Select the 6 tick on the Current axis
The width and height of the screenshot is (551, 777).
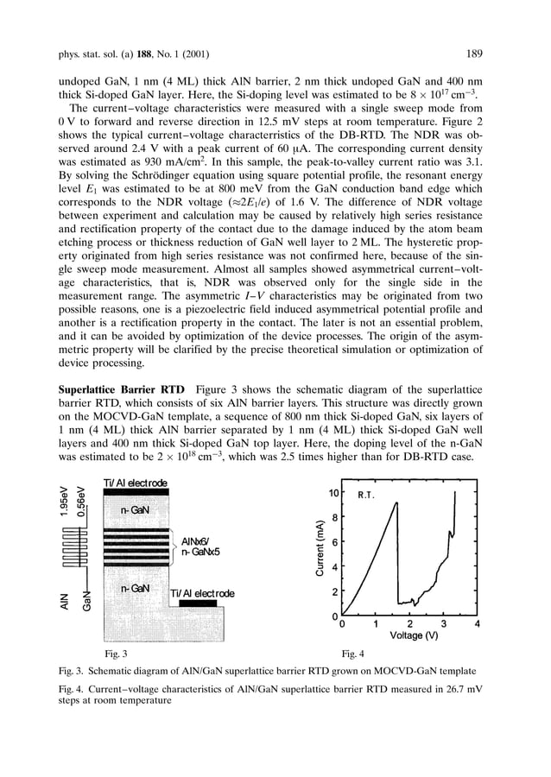[x=333, y=542]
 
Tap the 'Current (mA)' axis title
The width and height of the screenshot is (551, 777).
[x=318, y=548]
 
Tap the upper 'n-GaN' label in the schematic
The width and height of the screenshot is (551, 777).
[x=137, y=510]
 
